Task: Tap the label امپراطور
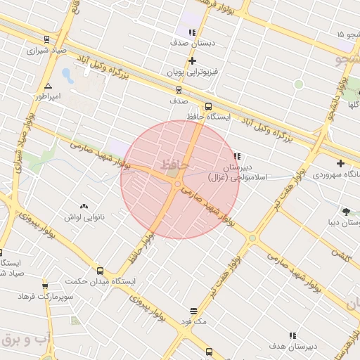(x=49, y=96)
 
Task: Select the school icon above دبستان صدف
(x=192, y=32)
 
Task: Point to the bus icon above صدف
(x=179, y=89)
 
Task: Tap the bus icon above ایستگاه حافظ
(x=208, y=106)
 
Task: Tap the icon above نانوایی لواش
(x=84, y=206)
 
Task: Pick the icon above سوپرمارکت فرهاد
(x=45, y=285)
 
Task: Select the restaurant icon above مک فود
(x=193, y=311)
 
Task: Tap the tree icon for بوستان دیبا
(x=346, y=211)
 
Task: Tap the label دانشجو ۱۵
(x=349, y=34)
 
